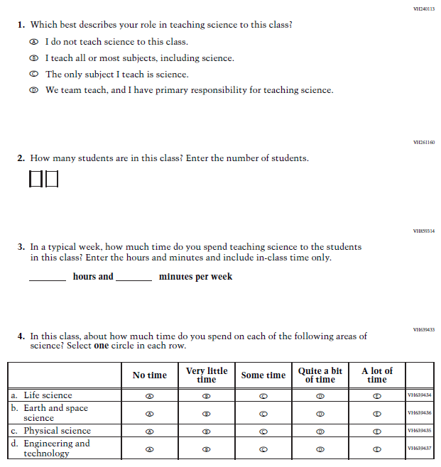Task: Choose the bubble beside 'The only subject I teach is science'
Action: (33, 75)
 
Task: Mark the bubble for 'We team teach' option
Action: (33, 91)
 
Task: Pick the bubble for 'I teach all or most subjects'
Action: (33, 58)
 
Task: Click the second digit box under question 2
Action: (51, 180)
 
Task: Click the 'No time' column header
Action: (150, 375)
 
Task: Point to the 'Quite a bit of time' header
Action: (320, 375)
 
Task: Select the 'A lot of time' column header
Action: (376, 375)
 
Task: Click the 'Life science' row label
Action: (48, 395)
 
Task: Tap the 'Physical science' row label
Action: (57, 431)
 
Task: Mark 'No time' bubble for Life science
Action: (150, 396)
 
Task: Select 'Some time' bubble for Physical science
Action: (263, 432)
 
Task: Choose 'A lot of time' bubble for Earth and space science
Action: (377, 414)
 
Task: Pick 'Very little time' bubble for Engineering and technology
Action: (207, 449)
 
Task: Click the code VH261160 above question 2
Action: (423, 143)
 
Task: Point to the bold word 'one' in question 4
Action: (102, 346)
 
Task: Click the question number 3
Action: (21, 248)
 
